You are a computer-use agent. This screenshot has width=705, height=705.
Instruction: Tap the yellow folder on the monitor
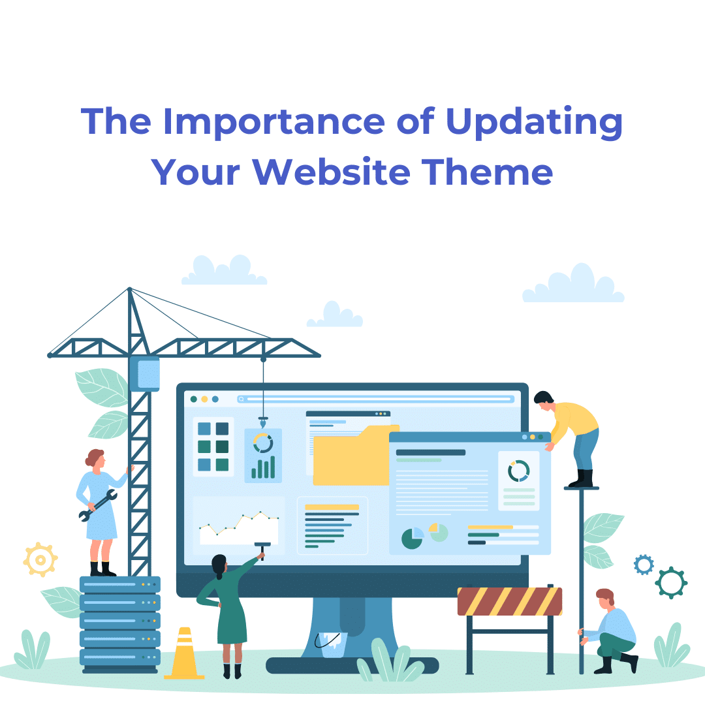point(352,457)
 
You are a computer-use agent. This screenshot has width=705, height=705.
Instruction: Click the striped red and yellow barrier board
point(509,601)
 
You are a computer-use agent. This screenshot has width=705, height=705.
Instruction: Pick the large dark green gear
point(671,582)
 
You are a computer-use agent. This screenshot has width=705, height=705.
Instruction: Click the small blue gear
point(644,565)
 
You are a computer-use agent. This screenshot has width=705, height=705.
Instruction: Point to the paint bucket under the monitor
point(334,644)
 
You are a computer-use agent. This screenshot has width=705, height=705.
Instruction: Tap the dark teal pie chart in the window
point(412,539)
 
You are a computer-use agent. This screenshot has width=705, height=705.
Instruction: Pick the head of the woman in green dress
point(219,564)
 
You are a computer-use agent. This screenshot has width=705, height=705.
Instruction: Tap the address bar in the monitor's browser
point(375,399)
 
